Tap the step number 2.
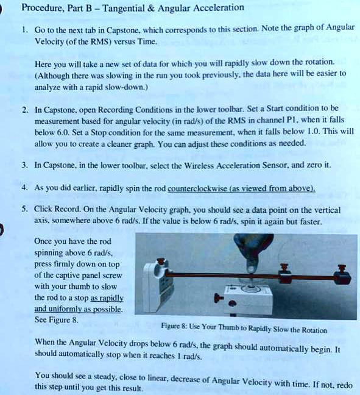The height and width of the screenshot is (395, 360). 24,111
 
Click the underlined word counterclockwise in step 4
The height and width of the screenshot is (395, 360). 198,188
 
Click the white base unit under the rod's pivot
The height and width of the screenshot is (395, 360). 249,300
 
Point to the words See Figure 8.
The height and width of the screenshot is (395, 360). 57,319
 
